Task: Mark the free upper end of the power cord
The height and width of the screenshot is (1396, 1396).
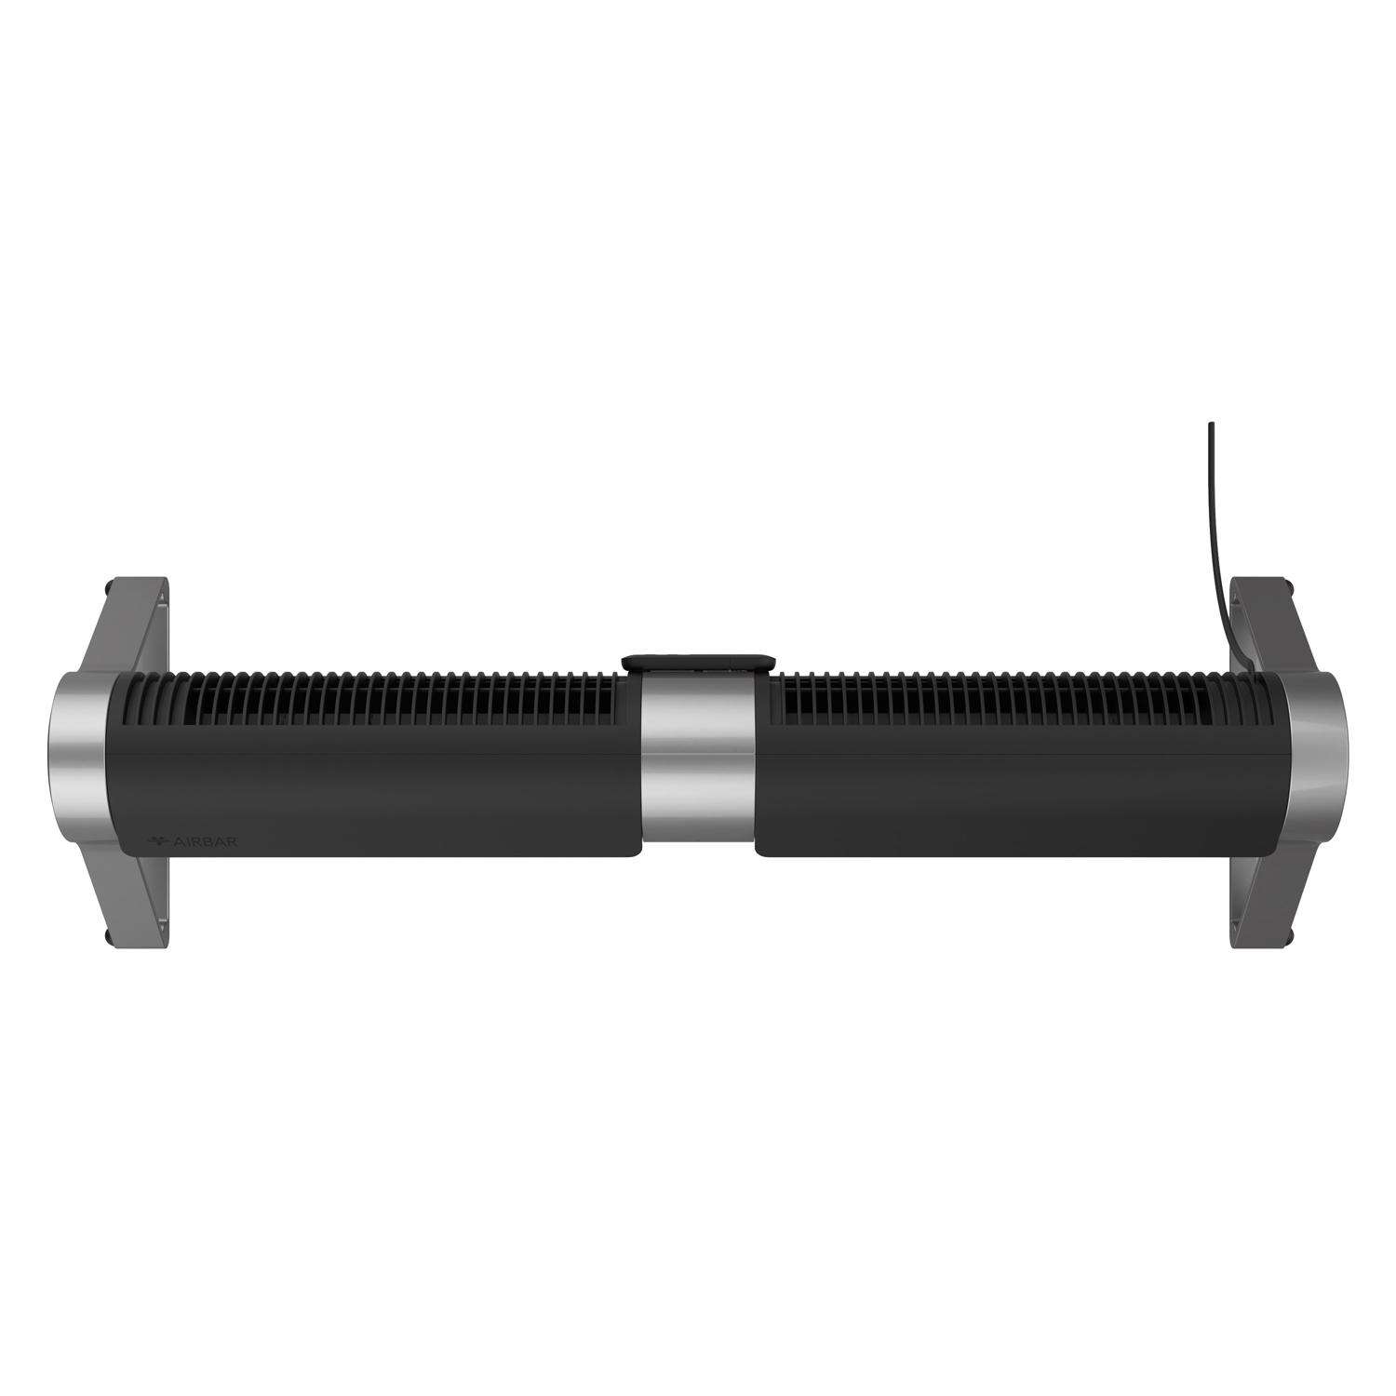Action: (1211, 426)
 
